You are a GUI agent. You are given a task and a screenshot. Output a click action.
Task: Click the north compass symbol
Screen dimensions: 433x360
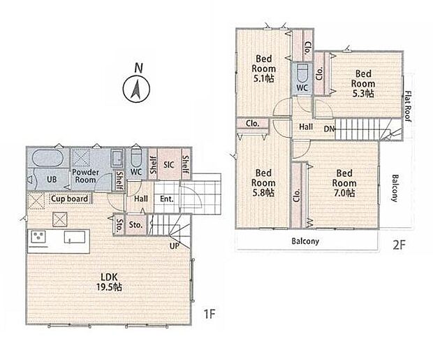click(136, 89)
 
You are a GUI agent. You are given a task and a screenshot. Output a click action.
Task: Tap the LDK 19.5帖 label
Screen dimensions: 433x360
click(109, 282)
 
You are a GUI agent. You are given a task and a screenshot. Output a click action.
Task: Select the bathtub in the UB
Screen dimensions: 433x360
click(48, 158)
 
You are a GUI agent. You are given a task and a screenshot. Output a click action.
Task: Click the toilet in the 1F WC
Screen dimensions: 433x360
click(135, 158)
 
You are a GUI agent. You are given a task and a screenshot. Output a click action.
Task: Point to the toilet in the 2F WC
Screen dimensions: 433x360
click(302, 73)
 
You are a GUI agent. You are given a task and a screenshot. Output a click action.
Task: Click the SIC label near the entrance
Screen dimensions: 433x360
click(169, 165)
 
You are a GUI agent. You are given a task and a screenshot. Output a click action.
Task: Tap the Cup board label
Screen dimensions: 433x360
click(70, 199)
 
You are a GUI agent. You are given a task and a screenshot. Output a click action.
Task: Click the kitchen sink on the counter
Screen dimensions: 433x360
click(75, 237)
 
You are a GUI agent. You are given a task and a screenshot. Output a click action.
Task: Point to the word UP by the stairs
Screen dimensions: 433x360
click(175, 246)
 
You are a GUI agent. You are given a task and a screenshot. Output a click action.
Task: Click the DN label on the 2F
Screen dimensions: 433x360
click(329, 129)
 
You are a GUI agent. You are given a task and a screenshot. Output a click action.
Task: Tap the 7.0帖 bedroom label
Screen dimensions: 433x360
click(344, 182)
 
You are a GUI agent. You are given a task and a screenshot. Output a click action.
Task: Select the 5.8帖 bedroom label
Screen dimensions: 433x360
click(263, 182)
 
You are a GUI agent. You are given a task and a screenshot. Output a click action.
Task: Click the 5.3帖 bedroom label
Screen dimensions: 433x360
click(363, 83)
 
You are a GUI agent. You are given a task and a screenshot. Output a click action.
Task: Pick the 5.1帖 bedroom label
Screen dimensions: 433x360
click(263, 69)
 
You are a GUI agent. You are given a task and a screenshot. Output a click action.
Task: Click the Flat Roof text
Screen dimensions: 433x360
click(408, 106)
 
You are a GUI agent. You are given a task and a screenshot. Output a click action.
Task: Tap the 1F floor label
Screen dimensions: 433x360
click(209, 314)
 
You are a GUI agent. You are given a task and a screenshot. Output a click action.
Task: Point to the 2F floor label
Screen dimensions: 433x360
click(399, 245)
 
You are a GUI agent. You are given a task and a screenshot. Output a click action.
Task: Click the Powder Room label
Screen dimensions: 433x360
click(85, 176)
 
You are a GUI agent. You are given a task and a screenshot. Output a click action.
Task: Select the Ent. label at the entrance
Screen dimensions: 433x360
click(166, 199)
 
